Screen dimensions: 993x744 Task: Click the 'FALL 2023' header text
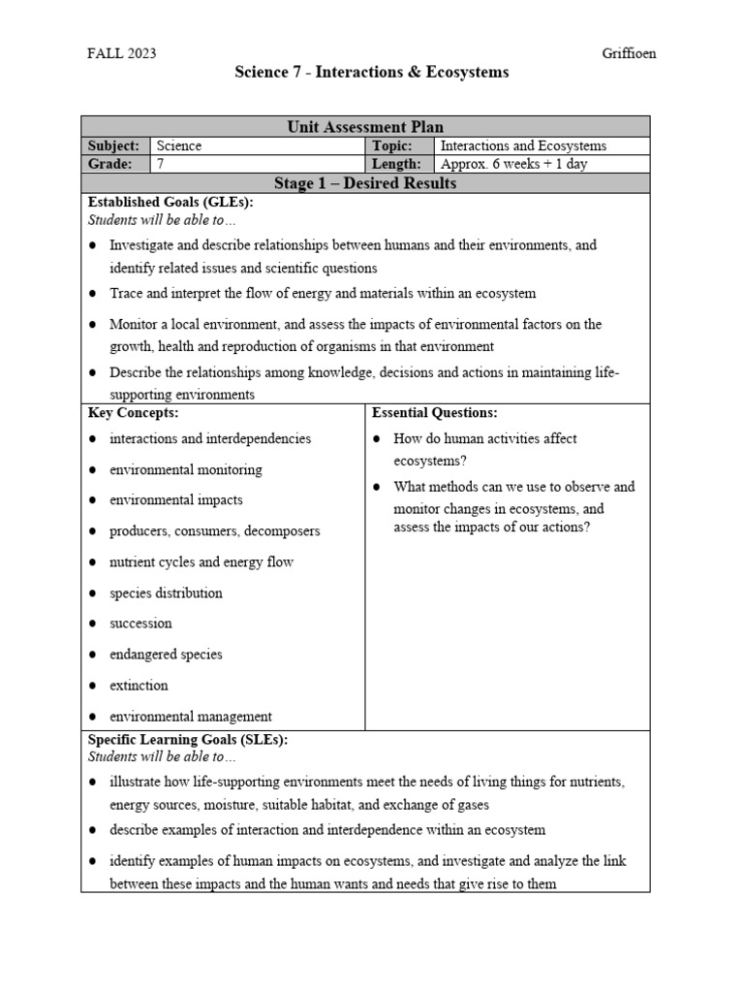click(x=121, y=53)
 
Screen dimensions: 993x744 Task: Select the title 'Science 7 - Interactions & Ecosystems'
click(x=372, y=73)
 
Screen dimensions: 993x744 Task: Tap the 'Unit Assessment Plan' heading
click(x=365, y=126)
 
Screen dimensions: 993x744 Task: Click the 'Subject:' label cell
click(x=114, y=145)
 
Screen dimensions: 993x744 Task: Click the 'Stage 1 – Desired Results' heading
click(x=365, y=183)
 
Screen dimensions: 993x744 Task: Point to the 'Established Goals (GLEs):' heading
click(x=170, y=202)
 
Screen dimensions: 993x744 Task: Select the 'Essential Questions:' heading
click(x=435, y=413)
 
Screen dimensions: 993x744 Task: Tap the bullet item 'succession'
click(x=140, y=624)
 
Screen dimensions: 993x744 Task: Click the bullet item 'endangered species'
click(x=166, y=655)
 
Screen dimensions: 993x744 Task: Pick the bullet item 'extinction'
click(x=139, y=686)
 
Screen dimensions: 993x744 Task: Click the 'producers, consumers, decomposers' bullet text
click(x=214, y=531)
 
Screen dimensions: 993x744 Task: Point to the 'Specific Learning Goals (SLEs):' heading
click(x=188, y=739)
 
